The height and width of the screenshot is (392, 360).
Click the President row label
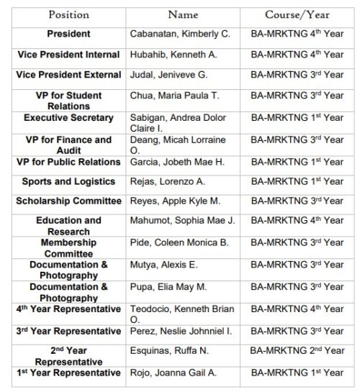coord(68,34)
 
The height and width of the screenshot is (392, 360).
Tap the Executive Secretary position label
coord(68,117)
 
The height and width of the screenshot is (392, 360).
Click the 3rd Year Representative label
coord(68,331)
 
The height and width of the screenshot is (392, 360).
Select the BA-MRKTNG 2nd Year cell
coord(297,353)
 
